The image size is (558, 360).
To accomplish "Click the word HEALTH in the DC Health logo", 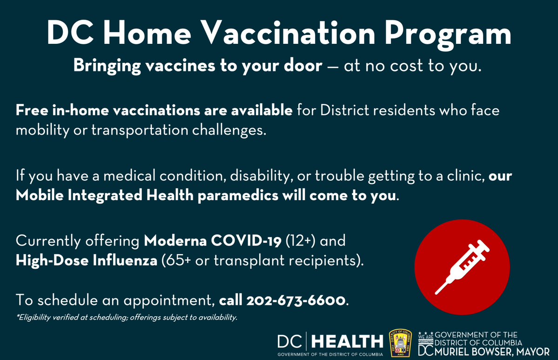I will coord(347,343).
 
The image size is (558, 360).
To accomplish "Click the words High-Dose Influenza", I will coord(86,260).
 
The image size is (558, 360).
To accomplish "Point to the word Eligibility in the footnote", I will coord(35,318).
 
